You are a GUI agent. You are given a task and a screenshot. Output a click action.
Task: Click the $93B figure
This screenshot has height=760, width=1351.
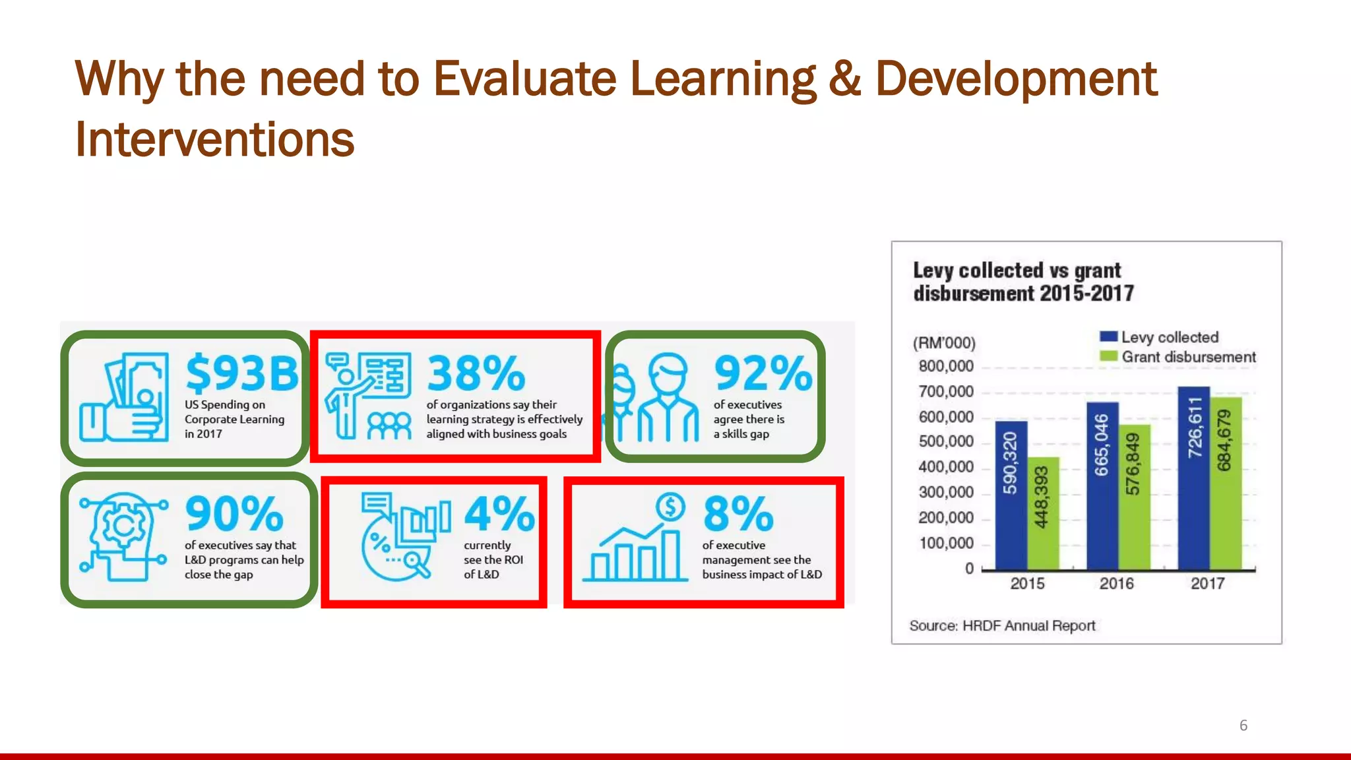click(242, 373)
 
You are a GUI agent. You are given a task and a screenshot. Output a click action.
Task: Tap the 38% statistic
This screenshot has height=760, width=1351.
click(476, 373)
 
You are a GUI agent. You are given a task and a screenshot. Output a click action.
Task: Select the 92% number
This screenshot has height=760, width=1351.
click(763, 373)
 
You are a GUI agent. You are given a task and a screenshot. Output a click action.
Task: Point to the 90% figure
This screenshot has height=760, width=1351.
click(234, 513)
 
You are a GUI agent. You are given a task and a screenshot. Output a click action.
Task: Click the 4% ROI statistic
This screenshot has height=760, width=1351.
click(499, 513)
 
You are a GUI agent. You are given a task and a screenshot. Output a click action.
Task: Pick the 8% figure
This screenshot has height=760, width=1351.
click(738, 513)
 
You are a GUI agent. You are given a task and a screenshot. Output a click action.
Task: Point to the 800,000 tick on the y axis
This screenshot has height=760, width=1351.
click(946, 366)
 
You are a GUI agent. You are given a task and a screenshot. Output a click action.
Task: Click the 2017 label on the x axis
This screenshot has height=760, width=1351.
click(1207, 583)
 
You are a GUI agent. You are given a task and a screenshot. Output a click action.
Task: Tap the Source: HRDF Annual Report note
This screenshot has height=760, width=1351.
click(1002, 625)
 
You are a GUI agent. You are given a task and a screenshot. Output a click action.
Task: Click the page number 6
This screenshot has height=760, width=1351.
click(1243, 725)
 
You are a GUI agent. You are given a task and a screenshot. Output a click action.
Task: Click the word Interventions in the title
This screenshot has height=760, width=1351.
click(215, 139)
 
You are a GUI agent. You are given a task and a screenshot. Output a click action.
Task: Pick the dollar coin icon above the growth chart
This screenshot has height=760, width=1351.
click(670, 507)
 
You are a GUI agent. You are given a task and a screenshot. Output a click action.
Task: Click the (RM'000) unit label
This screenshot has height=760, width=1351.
click(943, 343)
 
